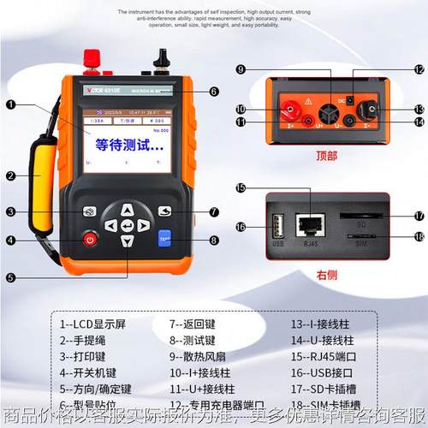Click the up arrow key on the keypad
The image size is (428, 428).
(x=127, y=209)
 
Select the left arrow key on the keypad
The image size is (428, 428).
(x=110, y=226)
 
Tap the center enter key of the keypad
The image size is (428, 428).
(x=128, y=226)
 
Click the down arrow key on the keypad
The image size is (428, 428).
(x=127, y=242)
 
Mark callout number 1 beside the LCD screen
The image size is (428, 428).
(x=10, y=105)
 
